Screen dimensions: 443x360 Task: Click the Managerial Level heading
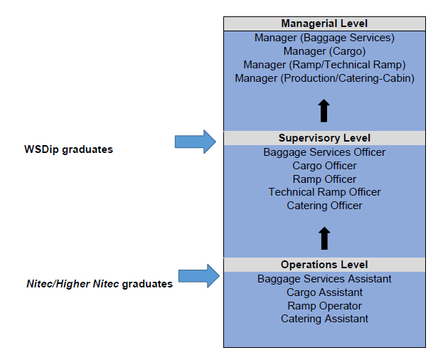(324, 23)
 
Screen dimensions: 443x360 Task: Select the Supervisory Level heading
(324, 138)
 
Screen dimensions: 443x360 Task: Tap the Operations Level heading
(324, 265)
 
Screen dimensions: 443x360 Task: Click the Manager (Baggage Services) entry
(324, 38)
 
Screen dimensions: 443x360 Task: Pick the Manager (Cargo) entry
(324, 51)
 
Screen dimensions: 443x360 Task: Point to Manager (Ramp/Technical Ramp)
(324, 65)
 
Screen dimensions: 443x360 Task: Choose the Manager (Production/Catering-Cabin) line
(324, 78)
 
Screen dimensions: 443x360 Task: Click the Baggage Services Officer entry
(324, 152)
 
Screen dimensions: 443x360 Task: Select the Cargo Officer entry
(324, 166)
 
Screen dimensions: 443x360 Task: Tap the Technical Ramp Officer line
(324, 192)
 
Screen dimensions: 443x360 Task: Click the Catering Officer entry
(324, 206)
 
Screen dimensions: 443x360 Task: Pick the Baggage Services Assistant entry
(324, 279)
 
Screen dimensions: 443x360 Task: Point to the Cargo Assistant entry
(324, 292)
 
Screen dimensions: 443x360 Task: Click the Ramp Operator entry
(324, 306)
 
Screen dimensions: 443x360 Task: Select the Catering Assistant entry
(324, 319)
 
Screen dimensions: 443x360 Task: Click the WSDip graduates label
(68, 149)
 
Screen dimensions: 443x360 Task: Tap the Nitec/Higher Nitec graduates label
(100, 284)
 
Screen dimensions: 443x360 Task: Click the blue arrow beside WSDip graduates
(196, 142)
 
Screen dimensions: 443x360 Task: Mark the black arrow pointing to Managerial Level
(324, 111)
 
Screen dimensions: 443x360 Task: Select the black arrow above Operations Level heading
(324, 238)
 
